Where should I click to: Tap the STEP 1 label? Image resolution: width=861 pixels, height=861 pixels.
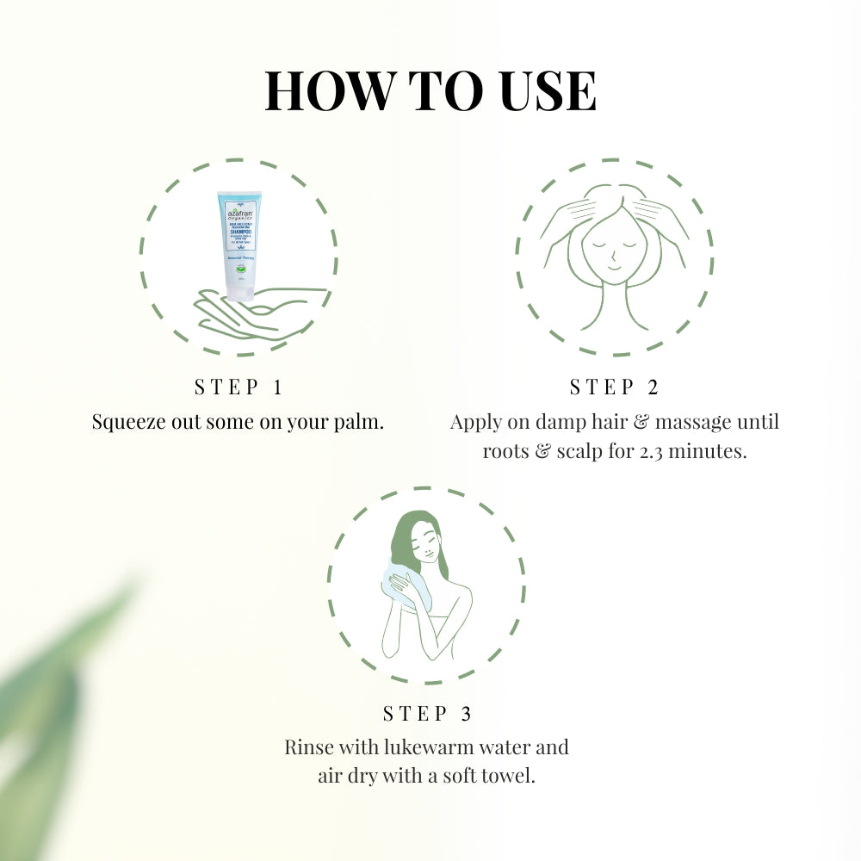238,387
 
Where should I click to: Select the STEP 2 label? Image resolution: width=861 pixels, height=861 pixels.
614,387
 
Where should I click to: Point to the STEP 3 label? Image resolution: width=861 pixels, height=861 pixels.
427,714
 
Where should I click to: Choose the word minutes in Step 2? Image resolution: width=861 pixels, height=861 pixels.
710,451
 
